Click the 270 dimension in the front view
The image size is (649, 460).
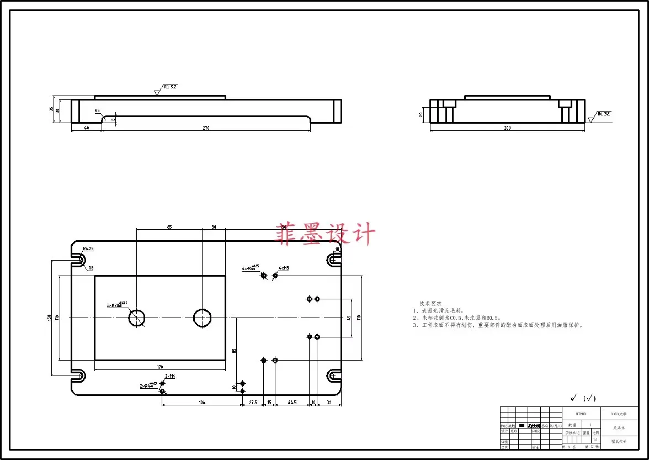pyautogui.click(x=206, y=128)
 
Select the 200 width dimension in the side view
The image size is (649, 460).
pyautogui.click(x=507, y=128)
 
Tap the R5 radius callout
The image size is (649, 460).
pyautogui.click(x=97, y=110)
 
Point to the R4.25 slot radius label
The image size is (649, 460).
pyautogui.click(x=88, y=249)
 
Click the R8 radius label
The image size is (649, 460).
pyautogui.click(x=91, y=268)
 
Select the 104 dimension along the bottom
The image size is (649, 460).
pyautogui.click(x=202, y=403)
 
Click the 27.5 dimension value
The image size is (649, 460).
pyautogui.click(x=253, y=403)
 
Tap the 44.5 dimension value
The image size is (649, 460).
pyautogui.click(x=292, y=403)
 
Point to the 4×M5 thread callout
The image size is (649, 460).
pyautogui.click(x=284, y=268)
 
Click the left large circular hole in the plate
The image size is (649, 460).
pyautogui.click(x=137, y=318)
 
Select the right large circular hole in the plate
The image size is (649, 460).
pyautogui.click(x=202, y=318)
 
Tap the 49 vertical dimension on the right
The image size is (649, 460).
pyautogui.click(x=349, y=318)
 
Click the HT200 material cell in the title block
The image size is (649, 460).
pyautogui.click(x=581, y=413)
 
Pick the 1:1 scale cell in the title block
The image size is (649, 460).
pyautogui.click(x=595, y=440)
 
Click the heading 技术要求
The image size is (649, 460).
pyautogui.click(x=430, y=304)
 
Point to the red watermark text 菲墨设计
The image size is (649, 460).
pyautogui.click(x=326, y=235)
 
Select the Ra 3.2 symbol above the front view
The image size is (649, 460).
pyautogui.click(x=169, y=87)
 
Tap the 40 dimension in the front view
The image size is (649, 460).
pyautogui.click(x=86, y=128)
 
